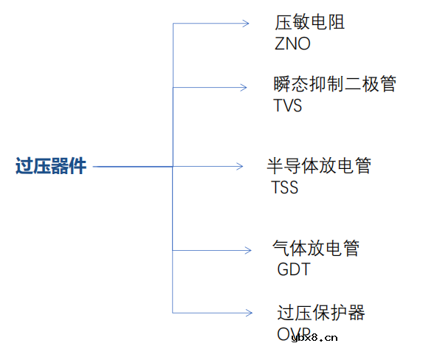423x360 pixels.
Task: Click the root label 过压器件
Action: (51, 167)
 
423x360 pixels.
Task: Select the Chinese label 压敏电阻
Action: (310, 22)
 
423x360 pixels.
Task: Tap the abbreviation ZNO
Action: (292, 44)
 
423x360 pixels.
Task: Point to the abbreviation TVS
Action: (288, 105)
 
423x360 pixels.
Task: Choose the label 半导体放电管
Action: (319, 165)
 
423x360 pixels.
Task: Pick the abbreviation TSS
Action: (285, 187)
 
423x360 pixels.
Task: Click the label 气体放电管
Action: (316, 248)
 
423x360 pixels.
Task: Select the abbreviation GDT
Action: (294, 269)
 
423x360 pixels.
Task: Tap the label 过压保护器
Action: (321, 313)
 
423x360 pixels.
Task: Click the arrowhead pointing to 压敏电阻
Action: (245, 24)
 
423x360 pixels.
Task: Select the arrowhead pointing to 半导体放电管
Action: (239, 167)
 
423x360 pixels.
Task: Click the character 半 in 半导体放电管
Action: (275, 165)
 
